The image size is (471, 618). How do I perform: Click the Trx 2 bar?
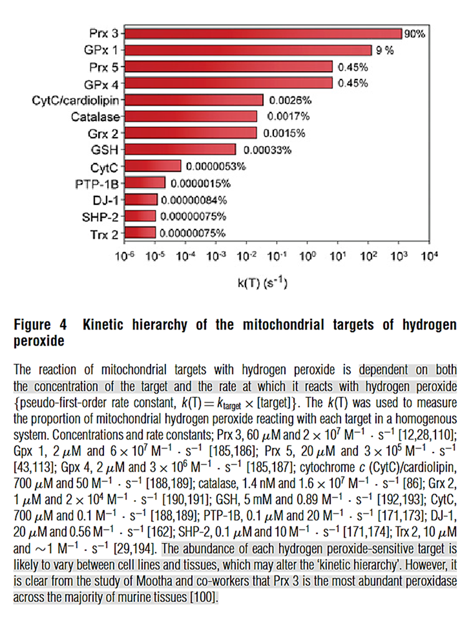140,233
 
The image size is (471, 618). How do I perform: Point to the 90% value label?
415,33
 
